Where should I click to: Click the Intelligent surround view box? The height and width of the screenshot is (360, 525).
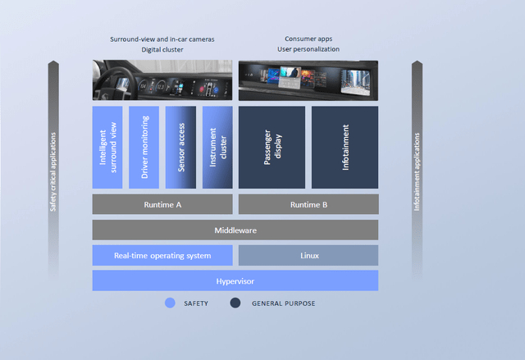(x=107, y=148)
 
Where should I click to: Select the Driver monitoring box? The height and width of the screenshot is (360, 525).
(x=144, y=148)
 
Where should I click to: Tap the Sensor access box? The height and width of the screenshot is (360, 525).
(x=180, y=148)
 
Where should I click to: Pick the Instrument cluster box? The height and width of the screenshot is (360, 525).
(x=217, y=148)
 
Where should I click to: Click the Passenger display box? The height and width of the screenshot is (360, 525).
(x=272, y=148)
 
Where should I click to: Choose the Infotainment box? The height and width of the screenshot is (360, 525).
(x=345, y=148)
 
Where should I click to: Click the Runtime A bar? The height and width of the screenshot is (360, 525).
(x=162, y=204)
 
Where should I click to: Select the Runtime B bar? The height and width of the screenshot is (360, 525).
(x=308, y=204)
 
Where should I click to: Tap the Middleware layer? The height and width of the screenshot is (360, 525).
(x=235, y=230)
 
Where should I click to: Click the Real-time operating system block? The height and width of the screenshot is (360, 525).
(x=162, y=255)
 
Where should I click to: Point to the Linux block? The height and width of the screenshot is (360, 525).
(x=308, y=255)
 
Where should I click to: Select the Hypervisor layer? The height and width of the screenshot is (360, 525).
(x=235, y=280)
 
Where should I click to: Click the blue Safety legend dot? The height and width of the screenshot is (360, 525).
(x=170, y=303)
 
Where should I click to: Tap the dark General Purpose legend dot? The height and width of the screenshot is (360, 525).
(x=235, y=303)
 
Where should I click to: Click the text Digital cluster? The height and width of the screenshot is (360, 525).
(x=163, y=49)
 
